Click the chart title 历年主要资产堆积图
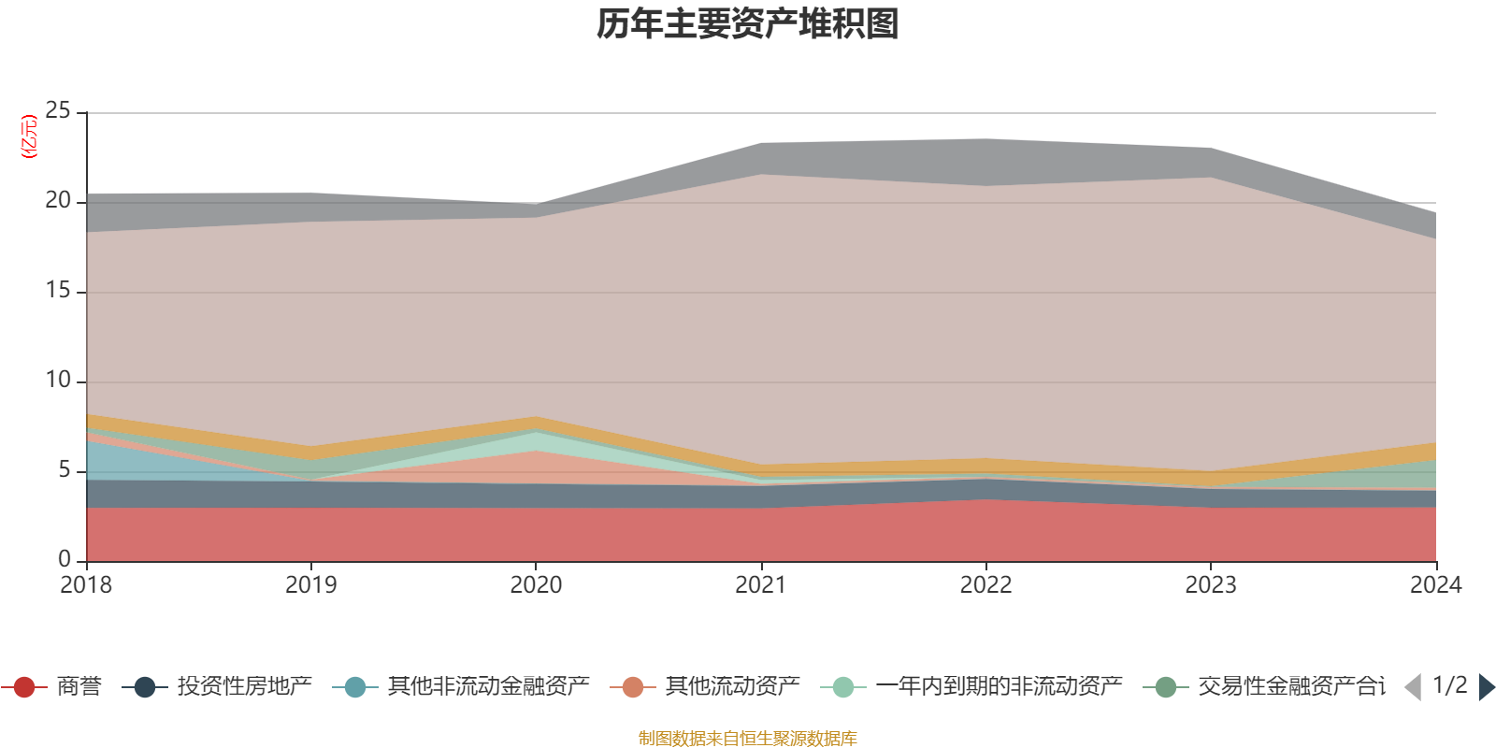[748, 24]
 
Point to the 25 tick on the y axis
[58, 111]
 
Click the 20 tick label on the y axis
[58, 201]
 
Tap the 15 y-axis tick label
[58, 291]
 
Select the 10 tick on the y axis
[58, 381]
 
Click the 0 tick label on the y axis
[64, 560]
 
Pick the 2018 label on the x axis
[86, 585]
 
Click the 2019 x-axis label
[310, 585]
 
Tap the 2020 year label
[536, 585]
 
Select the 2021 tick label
[761, 585]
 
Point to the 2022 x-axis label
[985, 585]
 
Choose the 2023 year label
[1211, 585]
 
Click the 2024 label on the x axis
[1435, 585]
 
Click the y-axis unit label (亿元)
[29, 137]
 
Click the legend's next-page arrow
[1486, 687]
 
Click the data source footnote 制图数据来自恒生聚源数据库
[748, 739]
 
